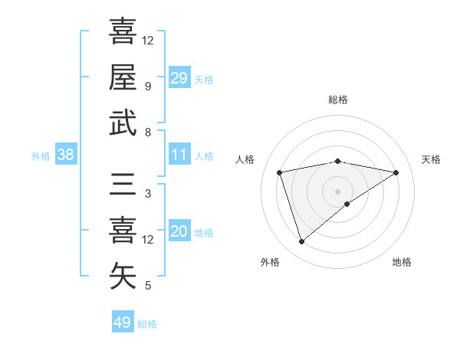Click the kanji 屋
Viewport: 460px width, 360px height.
[x=123, y=77]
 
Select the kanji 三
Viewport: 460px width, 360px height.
[x=123, y=185]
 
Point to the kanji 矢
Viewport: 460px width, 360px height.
[x=123, y=277]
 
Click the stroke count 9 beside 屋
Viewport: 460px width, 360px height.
[x=147, y=86]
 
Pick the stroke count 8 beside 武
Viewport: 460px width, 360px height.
[x=147, y=133]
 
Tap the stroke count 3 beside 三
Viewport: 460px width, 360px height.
[x=147, y=194]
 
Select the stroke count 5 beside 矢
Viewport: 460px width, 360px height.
[x=147, y=286]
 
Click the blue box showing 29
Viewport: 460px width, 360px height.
[x=179, y=78]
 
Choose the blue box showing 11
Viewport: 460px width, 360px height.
[x=179, y=155]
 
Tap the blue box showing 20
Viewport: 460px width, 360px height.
[x=179, y=231]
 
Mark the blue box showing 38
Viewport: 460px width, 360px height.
[x=66, y=155]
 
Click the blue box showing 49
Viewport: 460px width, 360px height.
[x=123, y=322]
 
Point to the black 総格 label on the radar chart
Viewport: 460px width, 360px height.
[x=338, y=100]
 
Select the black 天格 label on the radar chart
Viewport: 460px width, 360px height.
[x=432, y=159]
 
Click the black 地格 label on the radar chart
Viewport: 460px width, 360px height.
[x=402, y=262]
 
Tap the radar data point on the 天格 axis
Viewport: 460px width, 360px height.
[x=396, y=172]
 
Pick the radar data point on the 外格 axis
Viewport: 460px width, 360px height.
[x=301, y=242]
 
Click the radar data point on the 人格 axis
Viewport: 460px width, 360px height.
[x=280, y=172]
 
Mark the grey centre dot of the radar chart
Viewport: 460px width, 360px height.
[x=338, y=191]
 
